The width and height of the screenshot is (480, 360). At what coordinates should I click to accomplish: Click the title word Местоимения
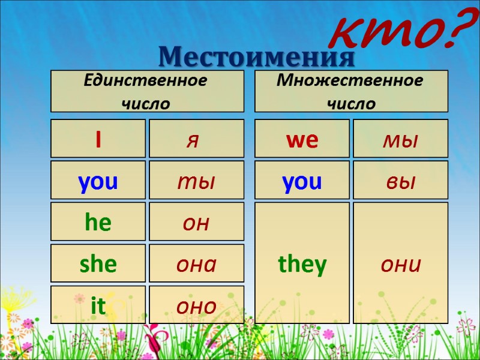pos(257,56)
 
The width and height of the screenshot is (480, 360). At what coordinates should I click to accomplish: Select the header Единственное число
pos(147,91)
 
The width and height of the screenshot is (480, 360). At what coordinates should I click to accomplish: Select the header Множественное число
pos(351,91)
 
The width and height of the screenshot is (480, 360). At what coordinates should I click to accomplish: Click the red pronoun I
pos(98,140)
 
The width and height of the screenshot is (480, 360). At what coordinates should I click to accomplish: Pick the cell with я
pos(196,140)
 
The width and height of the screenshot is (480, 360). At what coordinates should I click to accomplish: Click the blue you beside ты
pos(98,182)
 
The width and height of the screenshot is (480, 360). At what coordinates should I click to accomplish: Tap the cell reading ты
pos(196,182)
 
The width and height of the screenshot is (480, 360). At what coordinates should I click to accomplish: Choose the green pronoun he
pos(98,223)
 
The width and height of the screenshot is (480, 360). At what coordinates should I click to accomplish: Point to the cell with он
pos(196,223)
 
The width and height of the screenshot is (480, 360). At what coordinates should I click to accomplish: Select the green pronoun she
pos(98,264)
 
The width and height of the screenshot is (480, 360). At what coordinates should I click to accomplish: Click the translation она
pos(196,264)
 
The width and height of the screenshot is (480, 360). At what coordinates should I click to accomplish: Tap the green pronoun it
pos(98,305)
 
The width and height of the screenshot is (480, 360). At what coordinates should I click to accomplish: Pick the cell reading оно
pos(196,305)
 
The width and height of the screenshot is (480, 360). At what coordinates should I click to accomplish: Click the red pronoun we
pos(302,140)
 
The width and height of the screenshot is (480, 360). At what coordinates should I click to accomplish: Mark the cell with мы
pos(400,140)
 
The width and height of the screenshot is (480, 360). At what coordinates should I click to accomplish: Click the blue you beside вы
pos(302,182)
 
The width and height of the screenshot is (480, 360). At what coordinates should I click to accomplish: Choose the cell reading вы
pos(400,182)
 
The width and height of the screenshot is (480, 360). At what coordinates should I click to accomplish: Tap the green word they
pos(302,264)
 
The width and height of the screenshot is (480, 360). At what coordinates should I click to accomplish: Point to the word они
pos(400,264)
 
